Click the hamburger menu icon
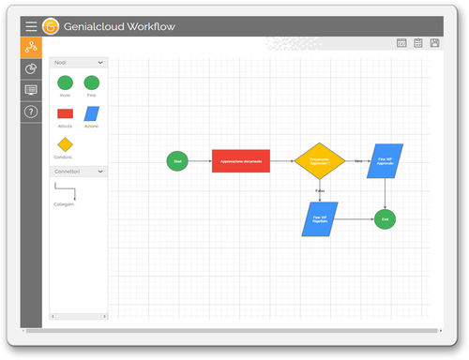click(x=31, y=26)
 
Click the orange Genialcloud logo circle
click(x=52, y=26)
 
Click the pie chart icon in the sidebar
click(x=31, y=68)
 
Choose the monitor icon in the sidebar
click(x=31, y=90)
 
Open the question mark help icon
click(x=31, y=112)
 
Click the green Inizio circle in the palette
click(x=65, y=82)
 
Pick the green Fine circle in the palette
click(x=91, y=82)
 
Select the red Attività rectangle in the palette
click(x=65, y=113)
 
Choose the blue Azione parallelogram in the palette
click(x=91, y=113)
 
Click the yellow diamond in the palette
click(x=65, y=144)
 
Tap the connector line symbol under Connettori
click(x=66, y=191)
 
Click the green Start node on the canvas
click(x=177, y=161)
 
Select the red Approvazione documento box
click(x=240, y=161)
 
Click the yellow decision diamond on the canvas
click(x=320, y=161)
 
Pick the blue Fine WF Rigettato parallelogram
click(x=319, y=219)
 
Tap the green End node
click(x=383, y=219)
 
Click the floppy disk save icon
click(x=434, y=43)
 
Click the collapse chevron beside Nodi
click(x=104, y=62)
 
